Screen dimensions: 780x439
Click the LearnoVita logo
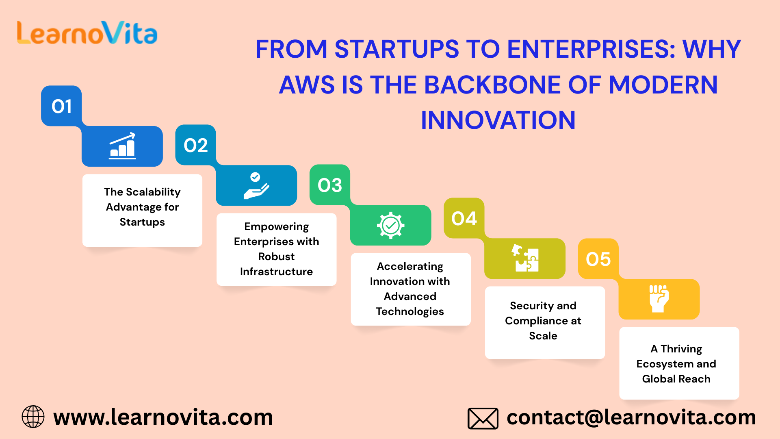[87, 33]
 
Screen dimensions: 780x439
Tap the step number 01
[62, 106]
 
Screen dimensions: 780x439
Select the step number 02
[196, 146]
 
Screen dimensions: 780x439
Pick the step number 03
[330, 185]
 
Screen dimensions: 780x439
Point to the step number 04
[464, 219]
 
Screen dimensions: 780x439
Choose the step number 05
[598, 259]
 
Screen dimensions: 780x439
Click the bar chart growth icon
[122, 146]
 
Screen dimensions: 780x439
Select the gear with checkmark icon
[390, 225]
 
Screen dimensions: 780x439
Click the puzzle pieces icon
[525, 258]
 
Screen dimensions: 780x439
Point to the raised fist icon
[659, 298]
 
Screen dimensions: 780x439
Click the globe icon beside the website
[33, 417]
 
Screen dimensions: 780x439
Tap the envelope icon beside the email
[483, 418]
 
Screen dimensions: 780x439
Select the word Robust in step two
[277, 256]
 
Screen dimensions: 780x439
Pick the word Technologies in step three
[410, 312]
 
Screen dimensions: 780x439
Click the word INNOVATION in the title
[498, 120]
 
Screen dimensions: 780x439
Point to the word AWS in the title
[307, 85]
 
